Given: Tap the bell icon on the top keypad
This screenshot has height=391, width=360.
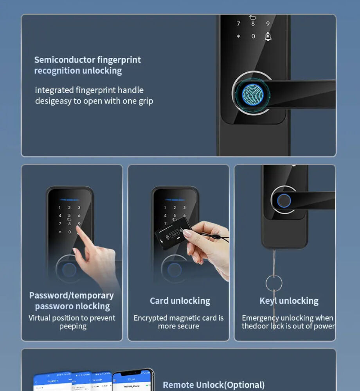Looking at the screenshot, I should [268, 36].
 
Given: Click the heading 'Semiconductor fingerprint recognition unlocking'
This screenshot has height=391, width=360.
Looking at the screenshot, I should [87, 65].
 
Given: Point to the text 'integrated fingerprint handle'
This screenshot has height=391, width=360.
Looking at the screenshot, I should [89, 90].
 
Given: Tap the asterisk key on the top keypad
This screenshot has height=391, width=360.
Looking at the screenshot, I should [238, 37].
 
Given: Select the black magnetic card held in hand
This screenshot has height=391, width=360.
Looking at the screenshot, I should [173, 234].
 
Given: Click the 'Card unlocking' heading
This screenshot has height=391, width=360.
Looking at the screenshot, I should [180, 301].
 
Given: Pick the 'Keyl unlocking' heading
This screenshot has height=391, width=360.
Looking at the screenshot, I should [289, 301].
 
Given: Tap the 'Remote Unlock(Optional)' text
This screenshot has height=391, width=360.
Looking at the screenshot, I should [214, 385].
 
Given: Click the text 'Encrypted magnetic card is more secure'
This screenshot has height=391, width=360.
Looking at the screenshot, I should [178, 322].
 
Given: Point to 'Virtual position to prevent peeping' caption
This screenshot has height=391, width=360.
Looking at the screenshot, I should [72, 322].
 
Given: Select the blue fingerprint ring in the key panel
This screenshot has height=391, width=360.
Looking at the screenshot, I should [284, 201].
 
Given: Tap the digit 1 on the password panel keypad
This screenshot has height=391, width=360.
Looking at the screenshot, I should [60, 208].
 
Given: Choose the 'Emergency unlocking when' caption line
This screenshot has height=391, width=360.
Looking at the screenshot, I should [287, 318].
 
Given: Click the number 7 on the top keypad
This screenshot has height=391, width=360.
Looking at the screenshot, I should [238, 24].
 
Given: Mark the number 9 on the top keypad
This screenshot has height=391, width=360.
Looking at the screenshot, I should [268, 24].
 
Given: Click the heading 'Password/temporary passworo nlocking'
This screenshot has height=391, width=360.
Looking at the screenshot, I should [72, 301].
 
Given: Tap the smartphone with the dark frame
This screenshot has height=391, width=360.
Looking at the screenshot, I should [133, 381].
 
